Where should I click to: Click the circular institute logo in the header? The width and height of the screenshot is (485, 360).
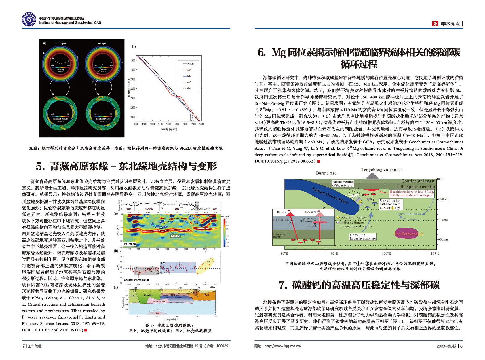coord(29,20)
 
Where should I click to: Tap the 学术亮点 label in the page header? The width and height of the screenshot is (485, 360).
coord(450,24)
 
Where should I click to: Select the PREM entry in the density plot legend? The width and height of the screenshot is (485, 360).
coord(190,64)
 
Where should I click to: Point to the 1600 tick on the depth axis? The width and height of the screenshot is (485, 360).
coord(133,60)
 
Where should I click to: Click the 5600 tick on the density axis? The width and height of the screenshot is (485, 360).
coord(201,124)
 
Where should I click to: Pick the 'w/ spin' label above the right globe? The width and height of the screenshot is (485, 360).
coord(102,43)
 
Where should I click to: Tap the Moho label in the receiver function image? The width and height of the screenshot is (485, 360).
coord(175,236)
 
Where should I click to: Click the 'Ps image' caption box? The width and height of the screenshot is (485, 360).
coord(130,244)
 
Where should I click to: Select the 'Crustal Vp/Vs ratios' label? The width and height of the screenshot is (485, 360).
coord(136,280)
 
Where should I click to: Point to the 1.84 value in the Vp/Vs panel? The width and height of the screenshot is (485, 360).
coord(208,261)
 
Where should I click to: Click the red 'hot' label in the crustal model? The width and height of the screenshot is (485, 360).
coord(158,314)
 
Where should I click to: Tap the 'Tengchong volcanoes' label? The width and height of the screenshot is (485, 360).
coord(382,170)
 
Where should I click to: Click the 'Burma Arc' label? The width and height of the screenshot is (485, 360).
coord(326,173)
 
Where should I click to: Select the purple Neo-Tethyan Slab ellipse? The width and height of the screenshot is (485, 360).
coord(408,234)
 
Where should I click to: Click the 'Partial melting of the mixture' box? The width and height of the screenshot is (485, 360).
coord(343,183)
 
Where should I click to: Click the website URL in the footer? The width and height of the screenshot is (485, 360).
coord(282,346)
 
